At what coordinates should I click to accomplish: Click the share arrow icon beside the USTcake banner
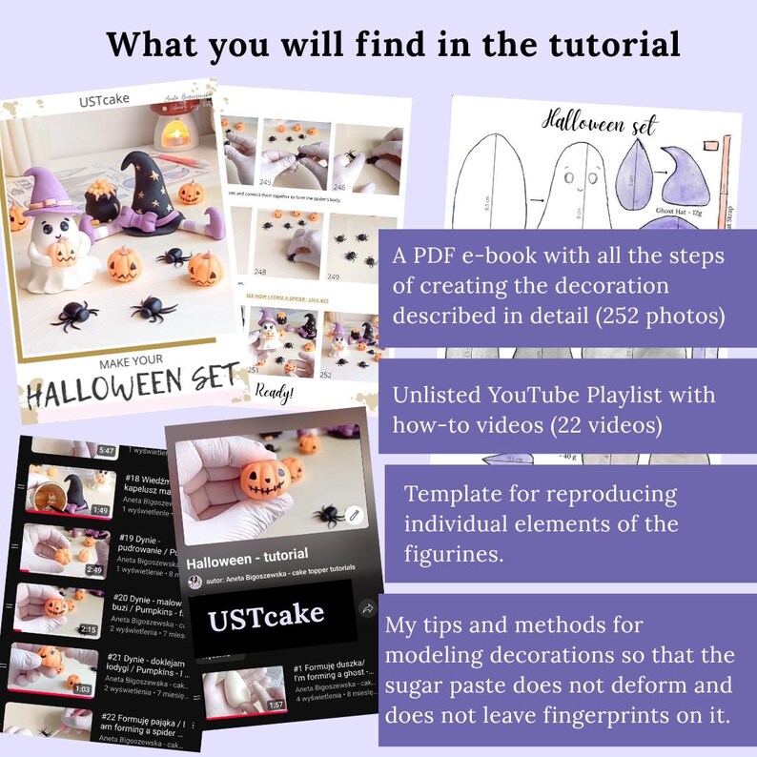point(367,608)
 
